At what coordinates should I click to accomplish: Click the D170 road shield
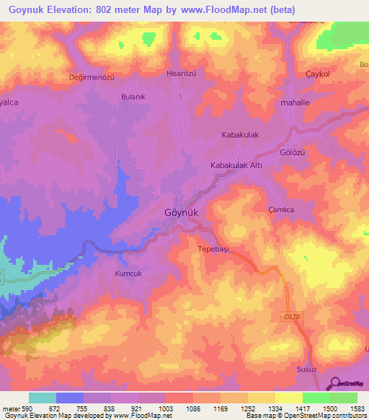pos(291,315)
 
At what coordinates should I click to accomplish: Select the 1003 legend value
pos(166,408)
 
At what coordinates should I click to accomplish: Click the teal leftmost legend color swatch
pos(43,398)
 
